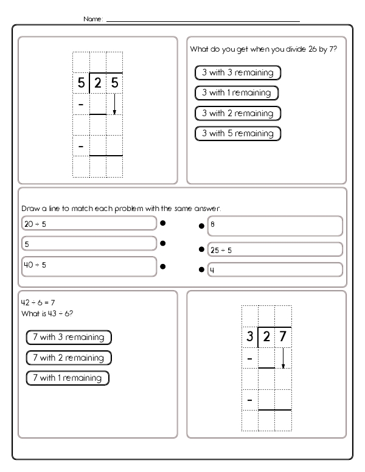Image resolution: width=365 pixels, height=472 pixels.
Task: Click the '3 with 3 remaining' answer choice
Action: [238, 73]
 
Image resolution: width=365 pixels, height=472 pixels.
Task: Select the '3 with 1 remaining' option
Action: [236, 93]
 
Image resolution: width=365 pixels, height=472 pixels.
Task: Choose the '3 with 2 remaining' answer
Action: [238, 113]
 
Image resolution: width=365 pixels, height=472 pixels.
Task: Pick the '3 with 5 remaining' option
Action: [237, 133]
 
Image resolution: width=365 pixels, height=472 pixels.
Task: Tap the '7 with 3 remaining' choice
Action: [69, 337]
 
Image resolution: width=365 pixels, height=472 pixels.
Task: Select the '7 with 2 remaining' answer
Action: [69, 358]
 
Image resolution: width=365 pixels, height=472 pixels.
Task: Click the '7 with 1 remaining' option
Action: [67, 378]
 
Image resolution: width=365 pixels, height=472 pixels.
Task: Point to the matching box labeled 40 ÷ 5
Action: [89, 266]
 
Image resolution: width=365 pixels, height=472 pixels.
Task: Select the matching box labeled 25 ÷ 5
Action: [275, 249]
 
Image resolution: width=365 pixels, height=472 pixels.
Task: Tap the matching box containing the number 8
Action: [275, 226]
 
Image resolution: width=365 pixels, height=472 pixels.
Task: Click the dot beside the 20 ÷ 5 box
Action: [162, 223]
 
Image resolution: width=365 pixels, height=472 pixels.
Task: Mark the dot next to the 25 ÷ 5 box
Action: [201, 249]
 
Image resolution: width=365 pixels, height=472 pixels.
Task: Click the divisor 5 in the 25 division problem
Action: [80, 83]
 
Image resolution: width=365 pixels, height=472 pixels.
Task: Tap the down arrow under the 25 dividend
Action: [114, 104]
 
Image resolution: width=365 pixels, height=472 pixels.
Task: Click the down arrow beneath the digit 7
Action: [283, 358]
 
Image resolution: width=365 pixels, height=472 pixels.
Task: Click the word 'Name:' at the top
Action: [94, 19]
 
